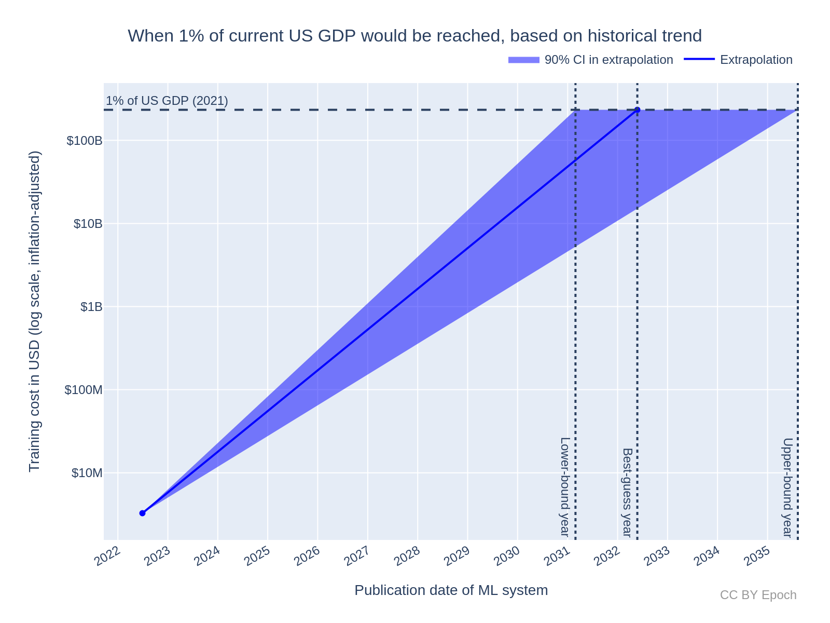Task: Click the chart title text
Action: point(414,36)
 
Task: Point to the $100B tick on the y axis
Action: point(84,141)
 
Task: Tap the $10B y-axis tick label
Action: point(87,224)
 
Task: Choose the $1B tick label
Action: point(91,307)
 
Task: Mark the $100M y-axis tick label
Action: point(83,390)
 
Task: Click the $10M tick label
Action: point(87,473)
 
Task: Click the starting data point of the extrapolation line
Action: point(142,513)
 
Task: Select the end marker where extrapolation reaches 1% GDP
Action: point(637,110)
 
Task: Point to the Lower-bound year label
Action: point(565,486)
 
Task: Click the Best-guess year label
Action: point(627,492)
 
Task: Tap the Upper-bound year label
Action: point(787,487)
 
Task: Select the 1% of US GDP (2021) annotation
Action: point(167,101)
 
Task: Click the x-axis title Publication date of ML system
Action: point(451,590)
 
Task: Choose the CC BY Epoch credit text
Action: point(758,595)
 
